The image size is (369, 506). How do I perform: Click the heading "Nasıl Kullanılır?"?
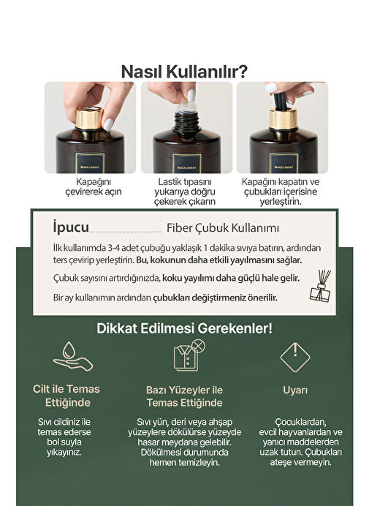pyautogui.click(x=184, y=72)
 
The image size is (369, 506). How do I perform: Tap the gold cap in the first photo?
pyautogui.click(x=89, y=118)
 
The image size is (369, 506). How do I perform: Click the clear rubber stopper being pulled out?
pyautogui.click(x=188, y=105)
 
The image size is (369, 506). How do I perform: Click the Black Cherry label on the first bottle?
pyautogui.click(x=90, y=163)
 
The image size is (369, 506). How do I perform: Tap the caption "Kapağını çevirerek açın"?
pyautogui.click(x=94, y=186)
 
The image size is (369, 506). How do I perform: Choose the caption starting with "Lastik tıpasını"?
pyautogui.click(x=185, y=192)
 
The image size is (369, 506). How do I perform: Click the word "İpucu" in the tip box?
pyautogui.click(x=71, y=227)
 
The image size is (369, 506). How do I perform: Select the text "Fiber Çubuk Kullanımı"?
pyautogui.click(x=223, y=228)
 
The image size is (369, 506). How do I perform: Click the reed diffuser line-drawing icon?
pyautogui.click(x=320, y=285)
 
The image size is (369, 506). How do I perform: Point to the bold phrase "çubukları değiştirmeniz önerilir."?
pyautogui.click(x=215, y=298)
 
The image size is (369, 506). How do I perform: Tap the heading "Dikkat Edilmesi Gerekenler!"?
pyautogui.click(x=184, y=328)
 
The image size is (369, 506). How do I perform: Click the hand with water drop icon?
pyautogui.click(x=73, y=356)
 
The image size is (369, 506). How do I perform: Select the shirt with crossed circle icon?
pyautogui.click(x=189, y=355)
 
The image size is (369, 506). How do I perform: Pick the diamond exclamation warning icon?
pyautogui.click(x=295, y=358)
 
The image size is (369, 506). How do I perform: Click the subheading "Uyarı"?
pyautogui.click(x=295, y=390)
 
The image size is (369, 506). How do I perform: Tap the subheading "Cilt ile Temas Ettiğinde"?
pyautogui.click(x=66, y=396)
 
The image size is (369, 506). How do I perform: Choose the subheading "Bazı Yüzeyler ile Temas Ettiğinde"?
pyautogui.click(x=184, y=396)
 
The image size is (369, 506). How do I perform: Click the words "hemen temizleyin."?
pyautogui.click(x=184, y=462)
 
